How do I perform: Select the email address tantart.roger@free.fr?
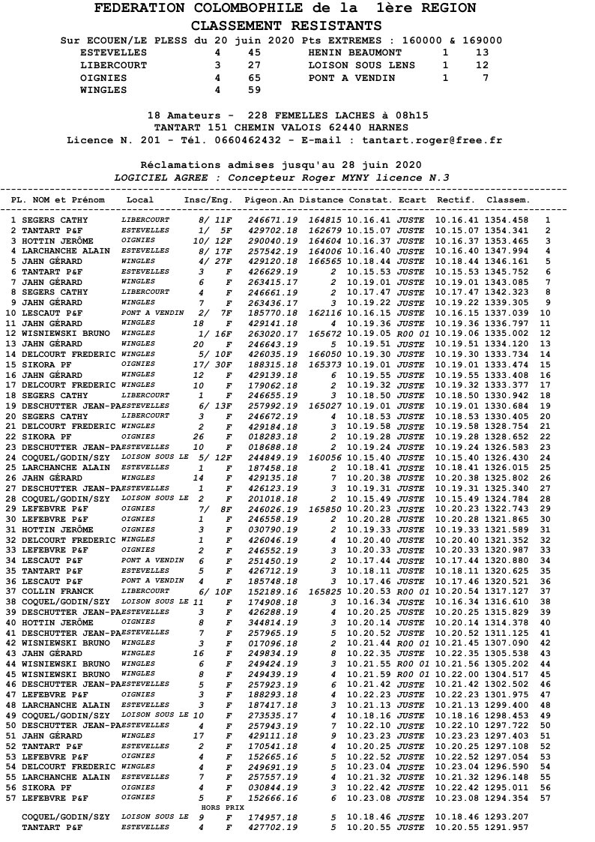point(432,140)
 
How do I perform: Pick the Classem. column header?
point(507,201)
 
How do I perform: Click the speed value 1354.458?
point(507,220)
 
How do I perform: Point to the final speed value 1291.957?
point(507,826)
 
